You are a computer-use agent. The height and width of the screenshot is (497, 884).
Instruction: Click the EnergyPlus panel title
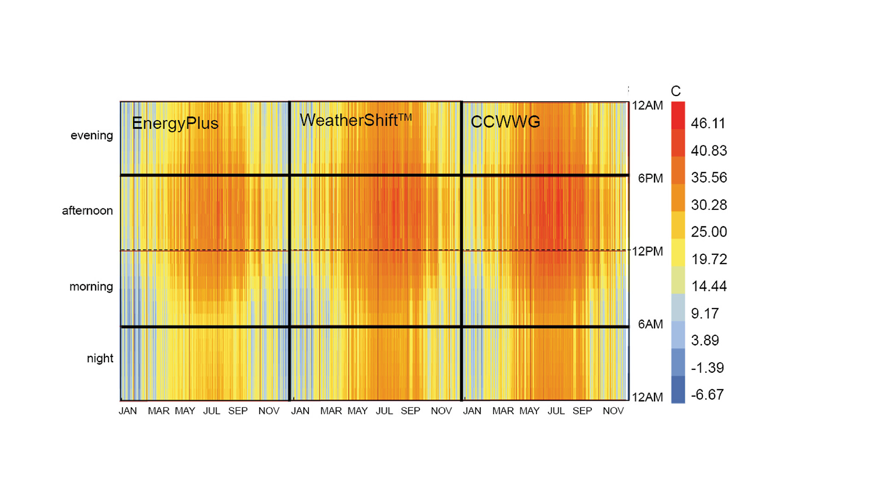pyautogui.click(x=175, y=123)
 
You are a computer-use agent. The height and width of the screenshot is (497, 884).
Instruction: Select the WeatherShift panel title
pyautogui.click(x=355, y=120)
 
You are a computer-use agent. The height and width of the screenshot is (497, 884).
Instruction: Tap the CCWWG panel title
pyautogui.click(x=505, y=122)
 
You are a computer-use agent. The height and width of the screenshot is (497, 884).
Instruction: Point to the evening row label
pyautogui.click(x=92, y=135)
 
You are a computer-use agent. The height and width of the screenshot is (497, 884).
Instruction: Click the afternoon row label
pyautogui.click(x=87, y=211)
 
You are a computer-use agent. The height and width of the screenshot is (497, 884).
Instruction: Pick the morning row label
pyautogui.click(x=91, y=287)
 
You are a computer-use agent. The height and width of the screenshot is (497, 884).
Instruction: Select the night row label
pyautogui.click(x=100, y=358)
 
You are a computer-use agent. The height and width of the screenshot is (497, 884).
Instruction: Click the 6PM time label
pyautogui.click(x=650, y=179)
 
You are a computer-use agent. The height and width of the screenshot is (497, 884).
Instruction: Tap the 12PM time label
pyautogui.click(x=647, y=251)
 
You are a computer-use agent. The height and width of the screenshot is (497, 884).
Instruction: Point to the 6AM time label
pyautogui.click(x=650, y=324)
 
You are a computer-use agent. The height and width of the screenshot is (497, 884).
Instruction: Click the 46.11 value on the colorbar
pyautogui.click(x=708, y=123)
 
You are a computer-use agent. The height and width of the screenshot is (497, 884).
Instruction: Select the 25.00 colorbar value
pyautogui.click(x=709, y=231)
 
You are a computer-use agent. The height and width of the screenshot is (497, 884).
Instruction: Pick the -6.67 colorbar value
pyautogui.click(x=707, y=394)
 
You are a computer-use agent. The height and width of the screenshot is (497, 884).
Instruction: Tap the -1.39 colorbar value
pyautogui.click(x=707, y=368)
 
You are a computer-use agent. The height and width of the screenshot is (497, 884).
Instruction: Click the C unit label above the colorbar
pyautogui.click(x=675, y=91)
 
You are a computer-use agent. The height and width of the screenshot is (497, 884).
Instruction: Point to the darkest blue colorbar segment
pyautogui.click(x=678, y=389)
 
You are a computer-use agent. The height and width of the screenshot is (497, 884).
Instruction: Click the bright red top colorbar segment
pyautogui.click(x=678, y=115)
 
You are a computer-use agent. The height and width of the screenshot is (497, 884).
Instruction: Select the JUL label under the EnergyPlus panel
pyautogui.click(x=212, y=411)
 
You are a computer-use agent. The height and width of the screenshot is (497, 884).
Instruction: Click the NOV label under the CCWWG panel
pyautogui.click(x=613, y=411)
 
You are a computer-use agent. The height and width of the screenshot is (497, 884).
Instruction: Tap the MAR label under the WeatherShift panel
pyautogui.click(x=331, y=411)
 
